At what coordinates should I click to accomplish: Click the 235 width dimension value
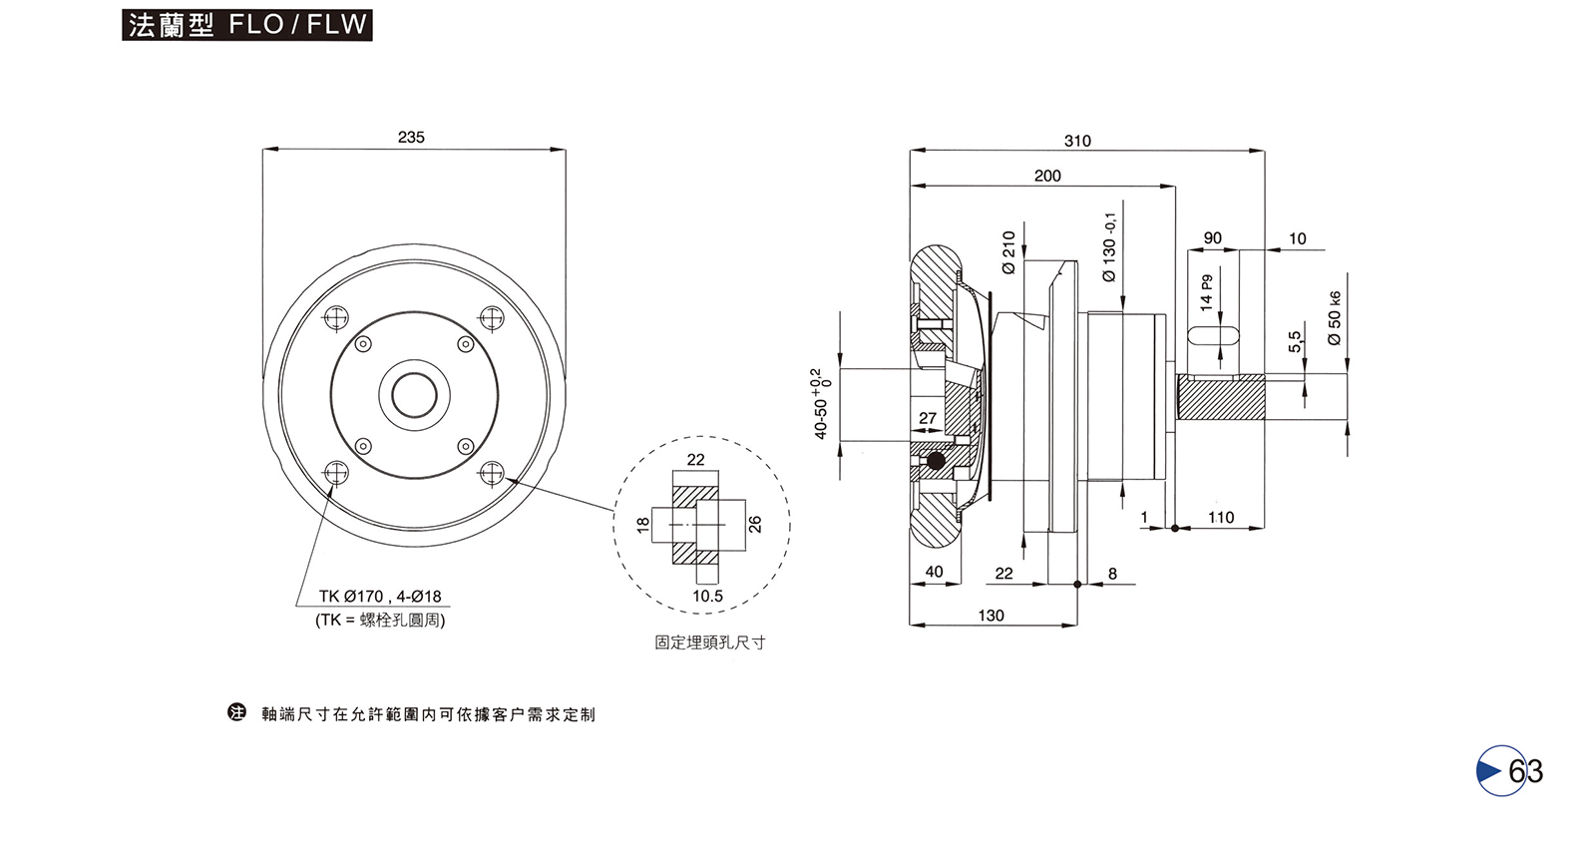[411, 138]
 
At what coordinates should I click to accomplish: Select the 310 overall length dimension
[1077, 142]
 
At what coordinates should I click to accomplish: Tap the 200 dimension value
[1047, 177]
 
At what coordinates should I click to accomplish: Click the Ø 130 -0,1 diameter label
[1109, 246]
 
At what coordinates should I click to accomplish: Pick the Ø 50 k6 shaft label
[1335, 318]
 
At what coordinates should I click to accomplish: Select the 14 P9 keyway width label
[1207, 292]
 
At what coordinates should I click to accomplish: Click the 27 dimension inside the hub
[928, 418]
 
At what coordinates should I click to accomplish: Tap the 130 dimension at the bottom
[991, 616]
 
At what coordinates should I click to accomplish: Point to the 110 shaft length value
[1221, 518]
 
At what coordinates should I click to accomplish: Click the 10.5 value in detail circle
[707, 597]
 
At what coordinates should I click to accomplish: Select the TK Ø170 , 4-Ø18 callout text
[380, 597]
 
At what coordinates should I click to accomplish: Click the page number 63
[1525, 771]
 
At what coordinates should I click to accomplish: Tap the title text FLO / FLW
[298, 25]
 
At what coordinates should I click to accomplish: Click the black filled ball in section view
[936, 461]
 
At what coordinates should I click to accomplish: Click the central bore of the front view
[414, 396]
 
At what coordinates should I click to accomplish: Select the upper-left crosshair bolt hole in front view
[337, 318]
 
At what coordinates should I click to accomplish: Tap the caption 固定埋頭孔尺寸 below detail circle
[709, 642]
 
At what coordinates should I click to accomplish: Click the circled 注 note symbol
[236, 713]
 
